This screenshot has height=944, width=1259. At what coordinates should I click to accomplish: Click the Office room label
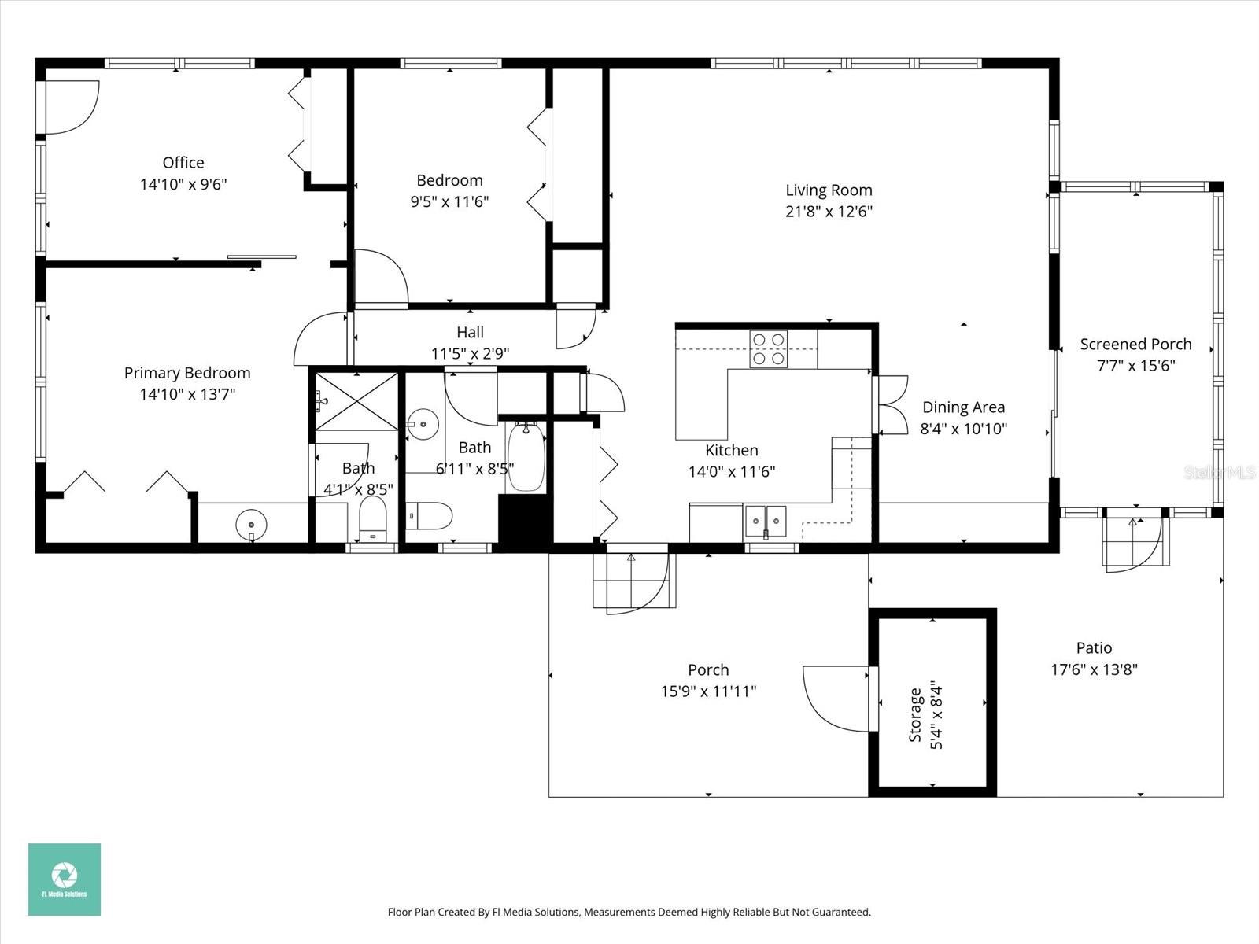point(183,163)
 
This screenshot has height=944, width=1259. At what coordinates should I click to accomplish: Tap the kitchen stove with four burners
point(768,348)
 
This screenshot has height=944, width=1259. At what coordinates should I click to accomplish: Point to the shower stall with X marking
point(356,401)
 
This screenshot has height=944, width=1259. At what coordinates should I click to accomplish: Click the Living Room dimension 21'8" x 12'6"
point(829,212)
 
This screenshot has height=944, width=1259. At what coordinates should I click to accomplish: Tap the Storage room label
point(916,714)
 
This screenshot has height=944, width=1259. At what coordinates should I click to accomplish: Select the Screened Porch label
point(1135,345)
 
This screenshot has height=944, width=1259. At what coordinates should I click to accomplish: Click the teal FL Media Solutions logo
point(65,879)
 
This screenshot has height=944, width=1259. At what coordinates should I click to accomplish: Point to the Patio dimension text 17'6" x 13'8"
point(1094,669)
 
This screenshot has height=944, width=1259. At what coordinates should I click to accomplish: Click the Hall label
point(470,333)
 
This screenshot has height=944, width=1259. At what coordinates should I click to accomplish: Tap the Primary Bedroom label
point(187,373)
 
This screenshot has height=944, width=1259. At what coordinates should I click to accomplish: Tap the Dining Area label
point(963,407)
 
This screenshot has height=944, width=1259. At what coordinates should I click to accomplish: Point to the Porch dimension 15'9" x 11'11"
point(708,691)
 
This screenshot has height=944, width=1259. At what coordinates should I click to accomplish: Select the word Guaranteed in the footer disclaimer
point(842,913)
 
